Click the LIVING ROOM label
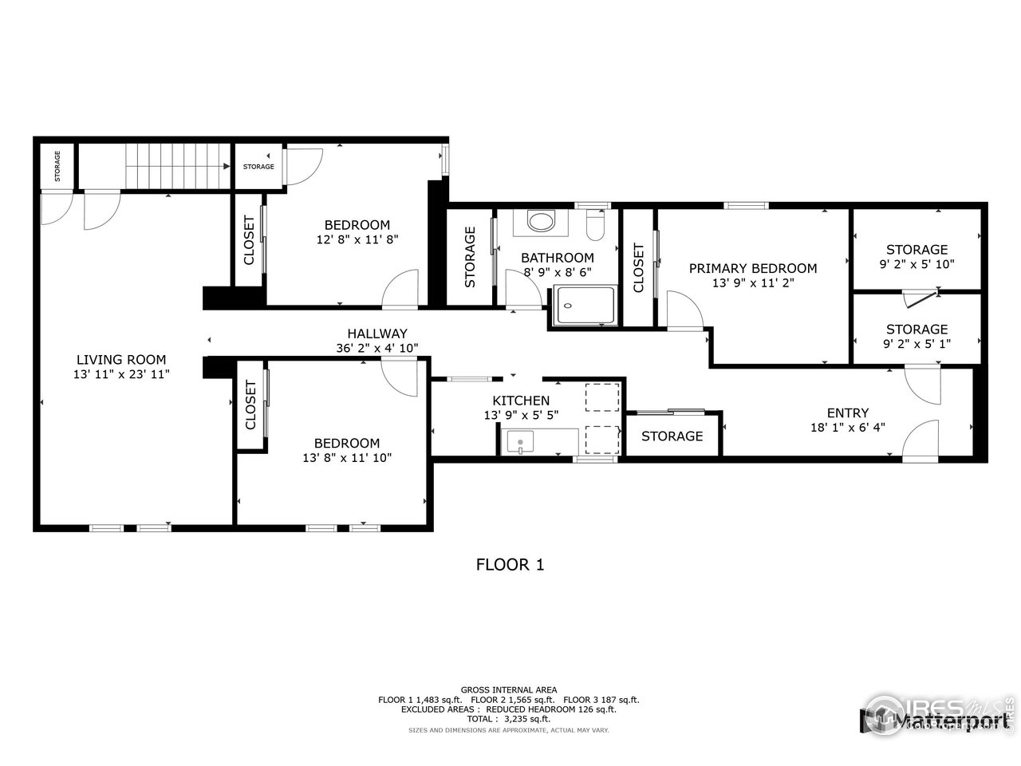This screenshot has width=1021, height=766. tap(121, 360)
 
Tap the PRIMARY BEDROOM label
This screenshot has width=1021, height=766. tap(753, 268)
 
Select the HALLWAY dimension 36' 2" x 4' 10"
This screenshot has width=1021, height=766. tap(377, 348)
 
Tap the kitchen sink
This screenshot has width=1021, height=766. tap(520, 440)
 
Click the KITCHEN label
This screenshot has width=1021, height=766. tap(521, 401)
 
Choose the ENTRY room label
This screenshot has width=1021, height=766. tap(847, 413)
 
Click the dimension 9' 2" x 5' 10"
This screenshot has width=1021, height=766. tap(917, 263)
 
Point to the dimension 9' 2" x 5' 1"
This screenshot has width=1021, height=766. tap(917, 343)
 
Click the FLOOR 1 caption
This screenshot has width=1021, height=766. tap(510, 565)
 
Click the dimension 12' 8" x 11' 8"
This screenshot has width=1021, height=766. tap(357, 239)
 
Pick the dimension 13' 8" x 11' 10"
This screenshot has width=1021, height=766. tap(346, 457)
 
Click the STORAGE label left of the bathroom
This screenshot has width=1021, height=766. tap(470, 257)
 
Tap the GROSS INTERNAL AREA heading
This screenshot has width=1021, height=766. tap(509, 689)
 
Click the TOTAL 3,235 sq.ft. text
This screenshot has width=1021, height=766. tap(509, 719)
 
